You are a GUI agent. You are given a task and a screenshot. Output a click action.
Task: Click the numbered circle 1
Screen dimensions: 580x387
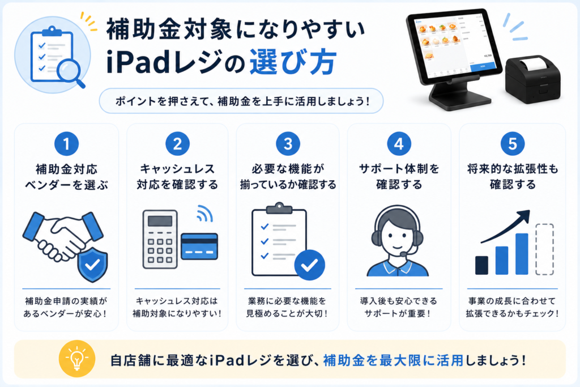67,143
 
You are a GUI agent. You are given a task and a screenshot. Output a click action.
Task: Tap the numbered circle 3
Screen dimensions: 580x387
288,143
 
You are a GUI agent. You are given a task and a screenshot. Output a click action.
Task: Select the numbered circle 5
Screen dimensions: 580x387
512,143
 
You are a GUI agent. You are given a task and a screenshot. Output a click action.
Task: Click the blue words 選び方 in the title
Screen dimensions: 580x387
293,62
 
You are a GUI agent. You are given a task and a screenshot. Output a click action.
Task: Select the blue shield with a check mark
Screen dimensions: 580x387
92,264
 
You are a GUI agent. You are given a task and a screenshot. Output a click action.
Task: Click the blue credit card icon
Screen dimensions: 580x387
199,246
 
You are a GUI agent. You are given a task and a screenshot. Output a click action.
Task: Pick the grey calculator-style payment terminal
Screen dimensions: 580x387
160,239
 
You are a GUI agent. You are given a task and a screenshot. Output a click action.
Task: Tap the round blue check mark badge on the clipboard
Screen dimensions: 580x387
310,265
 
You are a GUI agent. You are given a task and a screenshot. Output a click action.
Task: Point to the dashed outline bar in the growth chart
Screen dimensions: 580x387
544,249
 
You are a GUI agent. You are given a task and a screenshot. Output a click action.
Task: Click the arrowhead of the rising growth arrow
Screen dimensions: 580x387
523,216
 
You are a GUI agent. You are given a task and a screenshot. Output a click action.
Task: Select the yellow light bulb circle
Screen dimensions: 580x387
77,359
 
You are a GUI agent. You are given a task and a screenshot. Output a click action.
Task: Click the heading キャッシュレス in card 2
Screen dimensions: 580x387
177,169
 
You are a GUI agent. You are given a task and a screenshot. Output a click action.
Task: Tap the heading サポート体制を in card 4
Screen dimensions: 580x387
399,169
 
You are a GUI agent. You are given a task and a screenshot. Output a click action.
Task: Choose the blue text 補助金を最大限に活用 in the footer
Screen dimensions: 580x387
393,360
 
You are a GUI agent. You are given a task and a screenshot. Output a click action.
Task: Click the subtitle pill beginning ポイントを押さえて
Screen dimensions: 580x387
241,101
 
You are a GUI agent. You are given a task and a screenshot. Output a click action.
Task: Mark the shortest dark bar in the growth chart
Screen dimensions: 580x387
481,265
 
